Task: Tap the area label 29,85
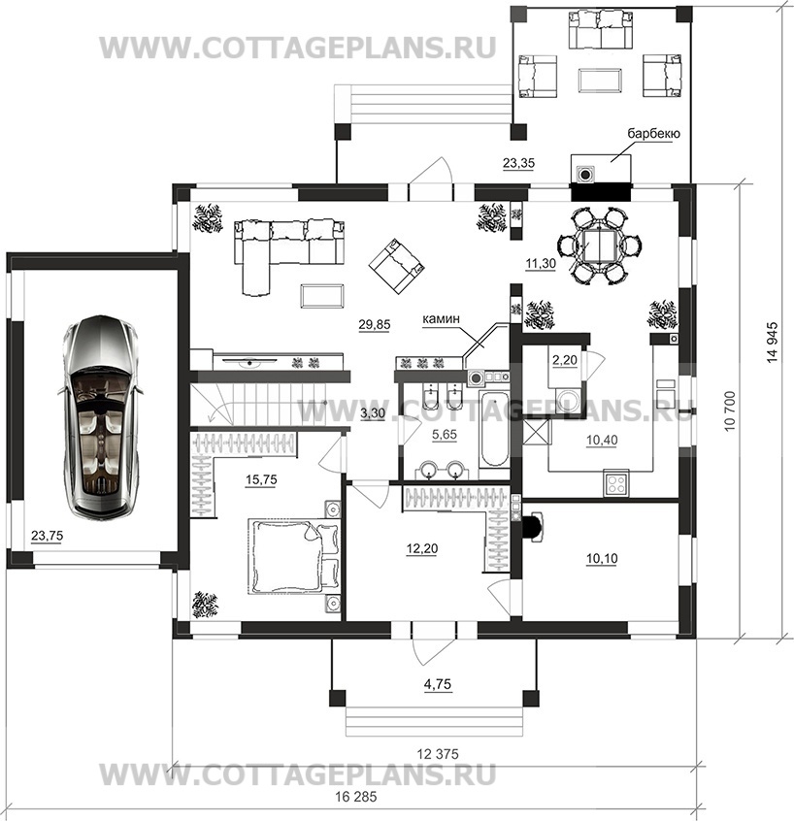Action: click(375, 325)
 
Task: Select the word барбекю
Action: click(654, 133)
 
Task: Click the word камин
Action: click(442, 318)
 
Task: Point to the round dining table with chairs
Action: click(600, 246)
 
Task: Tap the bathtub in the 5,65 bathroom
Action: click(494, 428)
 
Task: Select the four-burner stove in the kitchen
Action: click(616, 483)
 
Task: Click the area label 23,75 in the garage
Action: click(48, 536)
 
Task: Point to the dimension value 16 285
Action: click(355, 797)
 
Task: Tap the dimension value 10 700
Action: click(730, 410)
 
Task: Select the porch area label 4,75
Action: click(438, 684)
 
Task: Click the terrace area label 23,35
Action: click(518, 163)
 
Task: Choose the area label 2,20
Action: click(565, 360)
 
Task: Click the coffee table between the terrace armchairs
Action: click(600, 81)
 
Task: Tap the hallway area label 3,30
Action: click(373, 413)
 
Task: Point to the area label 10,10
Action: click(601, 559)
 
